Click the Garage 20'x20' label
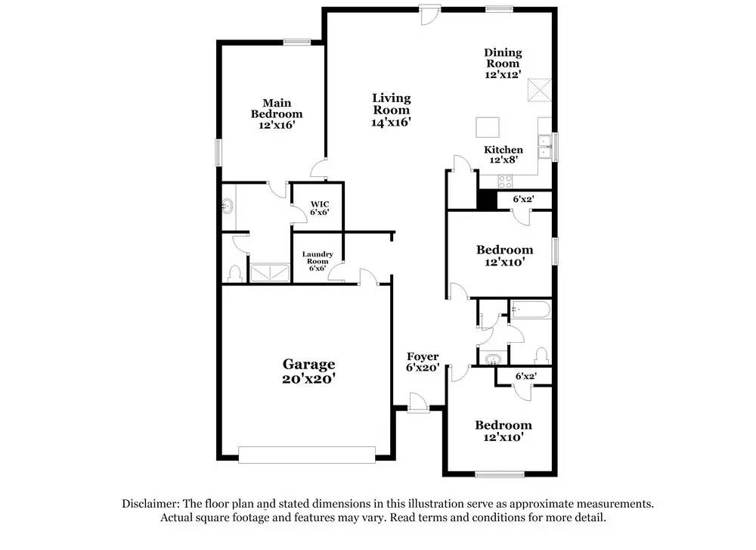tap(308, 371)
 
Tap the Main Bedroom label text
tap(277, 113)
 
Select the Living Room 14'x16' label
tap(392, 110)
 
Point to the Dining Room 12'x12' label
tap(503, 64)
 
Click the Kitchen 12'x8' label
tap(503, 154)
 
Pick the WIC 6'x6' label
tap(319, 208)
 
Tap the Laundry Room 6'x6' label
tap(318, 261)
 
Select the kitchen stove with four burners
tap(504, 181)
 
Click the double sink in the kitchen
tap(543, 146)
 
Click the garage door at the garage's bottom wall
tap(306, 454)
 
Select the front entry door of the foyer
tap(416, 402)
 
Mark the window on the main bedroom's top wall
tap(293, 42)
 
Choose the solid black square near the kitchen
tap(486, 199)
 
